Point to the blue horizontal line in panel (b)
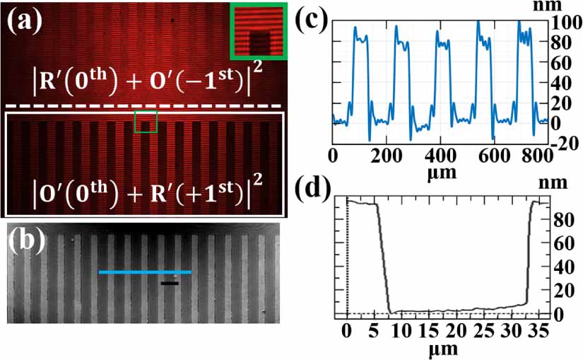(x=145, y=272)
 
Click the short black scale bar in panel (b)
(x=169, y=283)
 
